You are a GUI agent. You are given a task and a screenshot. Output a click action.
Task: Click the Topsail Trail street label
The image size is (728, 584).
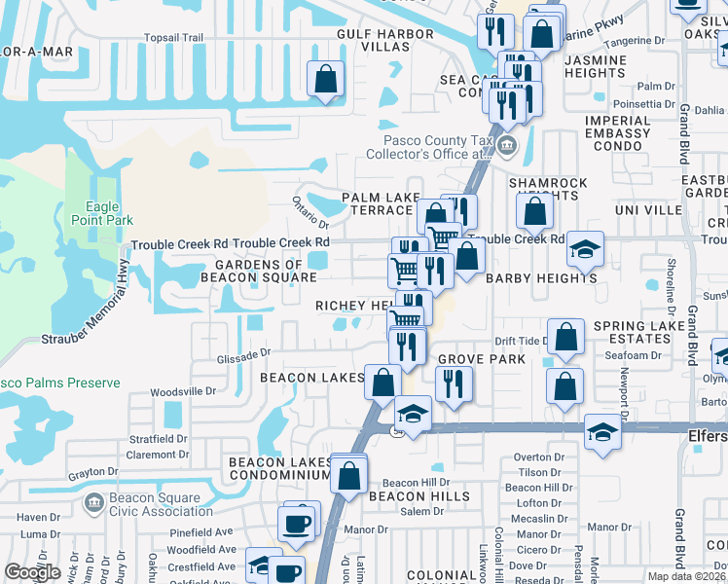coord(173,38)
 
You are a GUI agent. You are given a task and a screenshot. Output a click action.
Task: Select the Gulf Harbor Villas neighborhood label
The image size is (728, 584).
coord(372,40)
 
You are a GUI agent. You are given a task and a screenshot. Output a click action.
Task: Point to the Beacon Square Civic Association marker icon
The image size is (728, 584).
coord(94,503)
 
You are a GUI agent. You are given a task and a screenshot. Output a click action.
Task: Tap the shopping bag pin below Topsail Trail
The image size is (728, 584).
coord(325,79)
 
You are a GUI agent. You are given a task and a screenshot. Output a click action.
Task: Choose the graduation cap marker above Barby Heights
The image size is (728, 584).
coord(585,248)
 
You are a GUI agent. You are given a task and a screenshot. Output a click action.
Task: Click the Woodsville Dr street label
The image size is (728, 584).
coord(183,392)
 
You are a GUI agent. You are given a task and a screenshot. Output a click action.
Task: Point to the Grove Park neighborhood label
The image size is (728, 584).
coord(481,359)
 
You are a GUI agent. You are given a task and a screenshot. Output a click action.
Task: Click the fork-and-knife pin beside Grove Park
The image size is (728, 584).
coord(453,383)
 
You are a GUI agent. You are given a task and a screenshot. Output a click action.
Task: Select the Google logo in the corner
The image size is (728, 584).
coord(33,572)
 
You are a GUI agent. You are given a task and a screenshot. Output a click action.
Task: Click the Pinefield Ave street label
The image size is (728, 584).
coord(200,532)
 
